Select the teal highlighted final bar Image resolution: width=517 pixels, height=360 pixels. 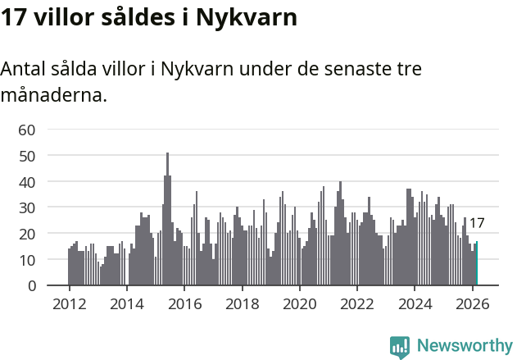[476, 263]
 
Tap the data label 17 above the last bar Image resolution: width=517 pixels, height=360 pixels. [477, 223]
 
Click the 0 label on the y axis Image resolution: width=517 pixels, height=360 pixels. [30, 286]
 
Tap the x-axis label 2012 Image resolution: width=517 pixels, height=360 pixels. [69, 303]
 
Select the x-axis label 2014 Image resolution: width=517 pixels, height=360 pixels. [126, 303]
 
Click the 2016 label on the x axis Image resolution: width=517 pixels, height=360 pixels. [184, 303]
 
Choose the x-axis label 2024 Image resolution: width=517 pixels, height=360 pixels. [415, 303]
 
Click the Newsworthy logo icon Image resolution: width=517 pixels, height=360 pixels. [400, 347]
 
